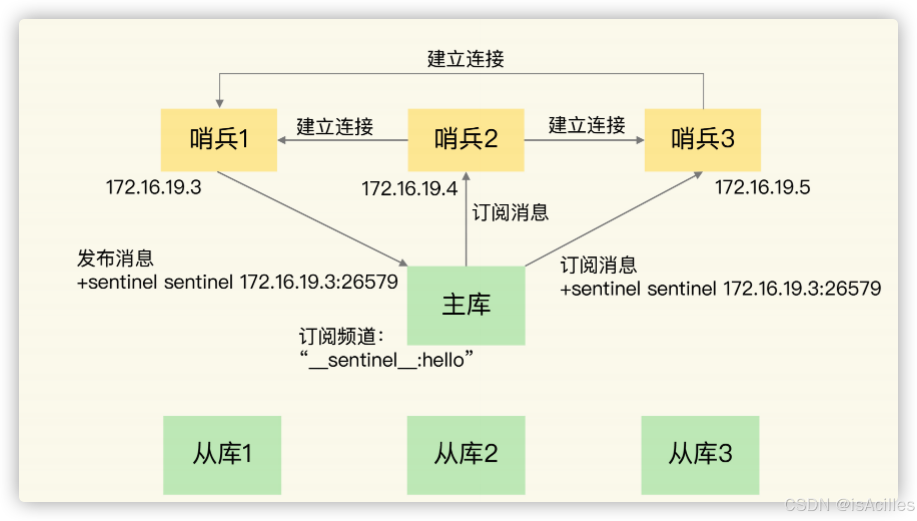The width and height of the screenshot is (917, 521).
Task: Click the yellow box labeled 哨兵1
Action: coord(219,140)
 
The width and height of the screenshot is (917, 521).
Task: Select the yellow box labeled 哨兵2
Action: coord(466,140)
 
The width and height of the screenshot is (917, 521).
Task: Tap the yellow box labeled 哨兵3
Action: coord(702,140)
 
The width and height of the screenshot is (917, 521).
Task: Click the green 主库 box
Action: coord(466,305)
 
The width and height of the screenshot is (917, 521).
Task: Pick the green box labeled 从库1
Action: coord(222,454)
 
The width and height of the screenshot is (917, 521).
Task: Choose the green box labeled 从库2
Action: coord(466,454)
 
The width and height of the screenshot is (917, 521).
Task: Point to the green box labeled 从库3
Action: coord(700,454)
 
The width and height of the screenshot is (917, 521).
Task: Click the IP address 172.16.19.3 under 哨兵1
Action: coord(154,188)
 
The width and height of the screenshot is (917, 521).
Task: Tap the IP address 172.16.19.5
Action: coord(762,188)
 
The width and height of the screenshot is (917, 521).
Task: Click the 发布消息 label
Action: coord(116,258)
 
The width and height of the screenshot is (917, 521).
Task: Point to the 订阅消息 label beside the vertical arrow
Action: coord(510,212)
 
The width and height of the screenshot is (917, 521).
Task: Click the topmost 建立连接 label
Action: coord(466,59)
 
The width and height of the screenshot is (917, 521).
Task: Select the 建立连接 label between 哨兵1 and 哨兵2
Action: coord(335,126)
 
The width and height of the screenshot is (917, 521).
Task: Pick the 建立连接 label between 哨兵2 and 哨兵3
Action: coord(587,125)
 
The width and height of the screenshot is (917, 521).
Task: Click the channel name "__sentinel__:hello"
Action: coord(386,360)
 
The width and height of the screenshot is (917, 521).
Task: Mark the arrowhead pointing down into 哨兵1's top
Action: coord(219,104)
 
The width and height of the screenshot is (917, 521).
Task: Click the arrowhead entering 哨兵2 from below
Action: coord(466,177)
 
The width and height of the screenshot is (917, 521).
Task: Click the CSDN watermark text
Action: coord(848,504)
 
